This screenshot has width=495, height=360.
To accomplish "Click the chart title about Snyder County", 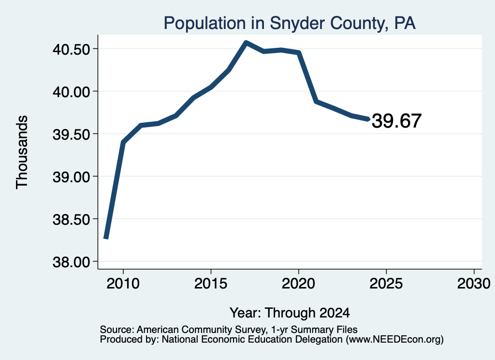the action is (290, 23).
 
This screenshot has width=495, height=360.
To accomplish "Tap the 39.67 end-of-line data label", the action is (396, 121).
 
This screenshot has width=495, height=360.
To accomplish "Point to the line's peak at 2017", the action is (246, 43).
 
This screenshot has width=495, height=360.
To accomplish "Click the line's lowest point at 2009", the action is (106, 238).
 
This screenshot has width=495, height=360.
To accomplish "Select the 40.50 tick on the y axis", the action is (72, 49).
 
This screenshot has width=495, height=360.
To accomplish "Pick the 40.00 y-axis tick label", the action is (72, 92).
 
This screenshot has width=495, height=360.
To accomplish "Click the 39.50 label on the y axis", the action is (72, 134).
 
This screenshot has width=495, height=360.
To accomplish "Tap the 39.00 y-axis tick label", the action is (72, 177).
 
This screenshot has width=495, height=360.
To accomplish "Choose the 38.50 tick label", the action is (72, 219).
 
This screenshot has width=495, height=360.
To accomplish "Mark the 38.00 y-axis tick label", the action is (72, 262).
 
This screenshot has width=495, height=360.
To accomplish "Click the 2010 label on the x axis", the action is (123, 283).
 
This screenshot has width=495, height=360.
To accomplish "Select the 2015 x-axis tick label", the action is (211, 283).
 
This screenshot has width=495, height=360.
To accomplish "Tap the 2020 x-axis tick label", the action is (298, 283).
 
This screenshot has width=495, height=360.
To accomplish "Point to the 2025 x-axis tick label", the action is (386, 283).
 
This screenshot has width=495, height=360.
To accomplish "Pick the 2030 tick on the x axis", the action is (474, 283).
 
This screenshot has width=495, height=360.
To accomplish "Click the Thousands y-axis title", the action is (22, 152).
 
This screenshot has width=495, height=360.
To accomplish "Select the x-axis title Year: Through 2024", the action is (290, 313).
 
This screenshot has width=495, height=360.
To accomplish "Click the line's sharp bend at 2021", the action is (316, 101).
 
